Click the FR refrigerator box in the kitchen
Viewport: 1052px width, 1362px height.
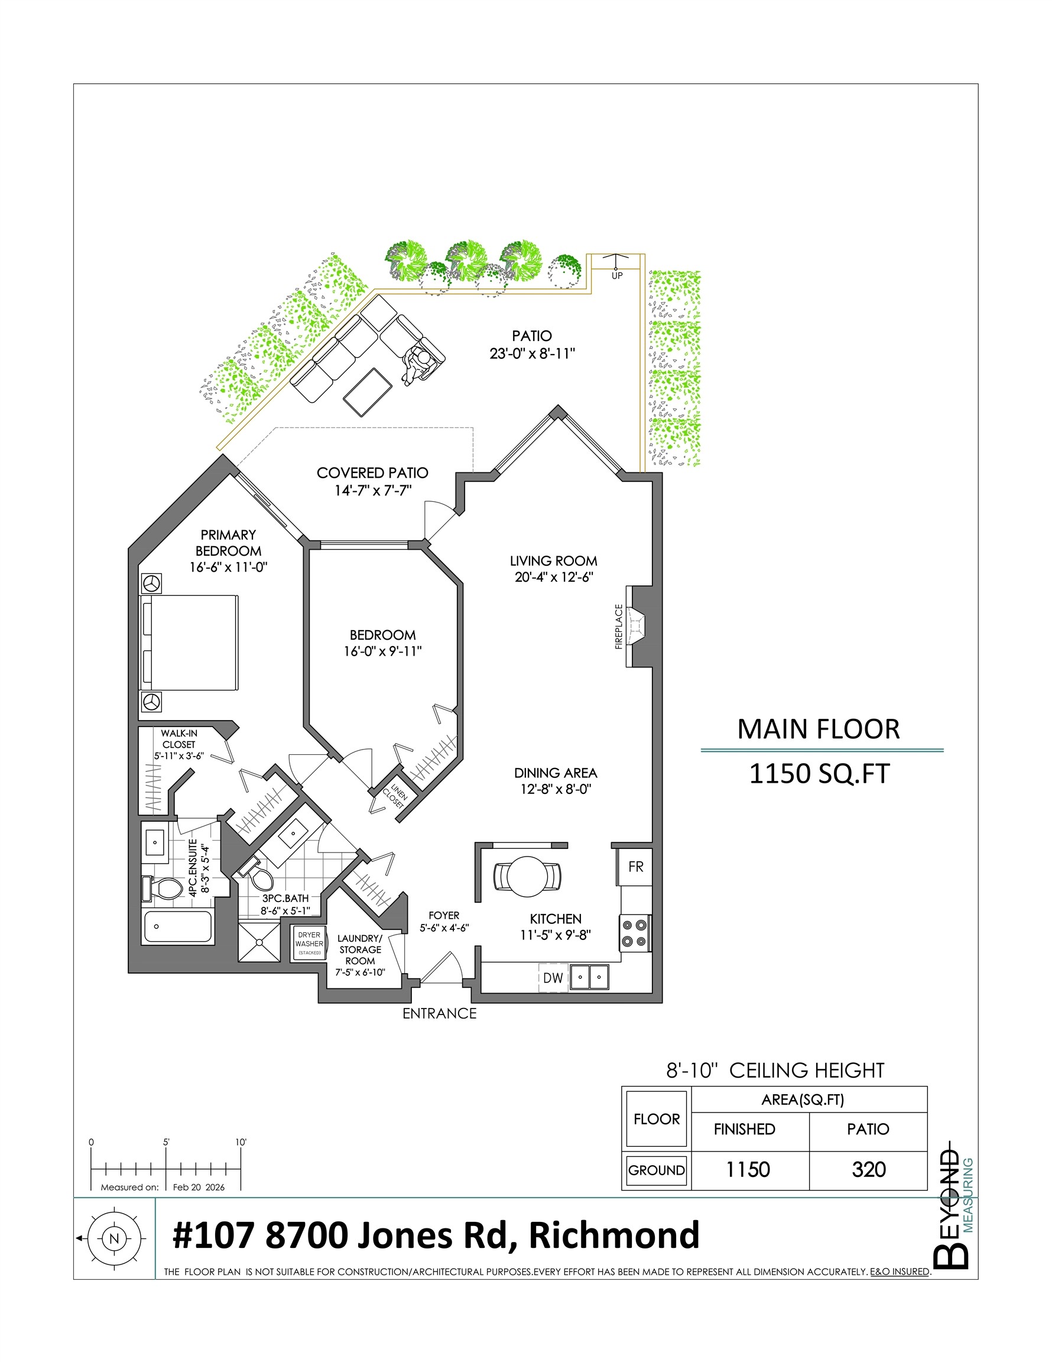[635, 866]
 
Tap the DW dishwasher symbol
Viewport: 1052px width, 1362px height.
[553, 978]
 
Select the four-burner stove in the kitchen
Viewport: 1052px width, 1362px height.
[635, 933]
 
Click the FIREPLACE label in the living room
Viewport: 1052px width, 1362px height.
[619, 626]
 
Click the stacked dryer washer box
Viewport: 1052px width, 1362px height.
[309, 943]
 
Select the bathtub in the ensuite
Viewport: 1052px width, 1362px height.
[177, 927]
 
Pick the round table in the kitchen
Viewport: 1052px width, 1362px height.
[527, 876]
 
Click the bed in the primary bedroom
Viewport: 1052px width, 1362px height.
[190, 643]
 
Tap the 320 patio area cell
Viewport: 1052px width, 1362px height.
[868, 1169]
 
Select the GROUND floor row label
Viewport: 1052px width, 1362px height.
[656, 1170]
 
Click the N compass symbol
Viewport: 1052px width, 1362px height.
[113, 1238]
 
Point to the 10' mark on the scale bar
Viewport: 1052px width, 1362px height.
[241, 1143]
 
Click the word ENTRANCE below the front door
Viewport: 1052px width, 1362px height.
[439, 1013]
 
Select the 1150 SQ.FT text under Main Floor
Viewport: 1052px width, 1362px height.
[819, 773]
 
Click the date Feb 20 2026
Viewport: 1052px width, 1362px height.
[199, 1187]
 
